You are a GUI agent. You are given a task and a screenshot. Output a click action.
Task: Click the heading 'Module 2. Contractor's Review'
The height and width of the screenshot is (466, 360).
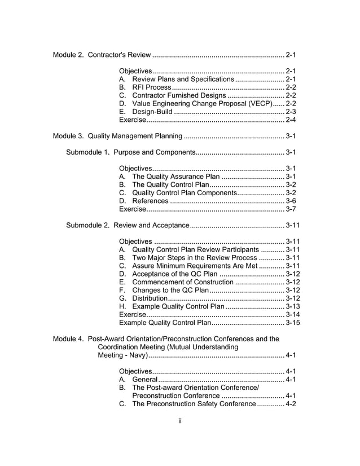102,55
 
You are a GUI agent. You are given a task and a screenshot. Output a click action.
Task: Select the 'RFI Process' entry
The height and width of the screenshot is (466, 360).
151,87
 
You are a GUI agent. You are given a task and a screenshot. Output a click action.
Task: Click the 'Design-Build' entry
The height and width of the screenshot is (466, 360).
152,112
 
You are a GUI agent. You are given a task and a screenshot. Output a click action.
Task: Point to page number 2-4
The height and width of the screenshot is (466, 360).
291,120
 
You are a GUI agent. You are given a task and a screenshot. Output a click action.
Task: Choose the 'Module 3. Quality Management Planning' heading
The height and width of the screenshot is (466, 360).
117,136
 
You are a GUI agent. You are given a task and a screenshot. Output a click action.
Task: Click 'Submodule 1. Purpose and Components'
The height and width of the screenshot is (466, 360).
130,152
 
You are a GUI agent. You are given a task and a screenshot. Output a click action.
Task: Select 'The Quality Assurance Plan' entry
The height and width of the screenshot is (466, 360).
175,177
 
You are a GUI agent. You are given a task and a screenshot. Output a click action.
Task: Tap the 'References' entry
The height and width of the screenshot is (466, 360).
150,201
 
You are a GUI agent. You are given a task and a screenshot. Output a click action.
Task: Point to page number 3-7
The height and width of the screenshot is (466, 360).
291,209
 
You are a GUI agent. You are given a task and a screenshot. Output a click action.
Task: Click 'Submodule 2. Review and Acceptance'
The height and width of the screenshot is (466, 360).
128,226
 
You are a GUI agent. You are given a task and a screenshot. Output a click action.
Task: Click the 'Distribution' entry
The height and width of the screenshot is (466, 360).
149,298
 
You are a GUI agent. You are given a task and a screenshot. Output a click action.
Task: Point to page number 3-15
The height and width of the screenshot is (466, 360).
293,323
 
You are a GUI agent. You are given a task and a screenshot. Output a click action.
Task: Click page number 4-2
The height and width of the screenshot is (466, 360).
291,404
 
